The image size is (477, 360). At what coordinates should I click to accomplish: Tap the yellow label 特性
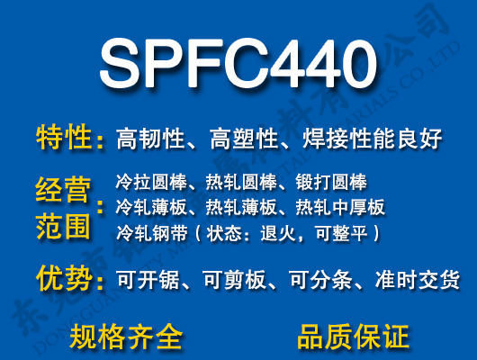(65, 139)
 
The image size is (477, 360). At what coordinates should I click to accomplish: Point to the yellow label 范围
(65, 224)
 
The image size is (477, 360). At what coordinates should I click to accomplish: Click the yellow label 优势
(65, 278)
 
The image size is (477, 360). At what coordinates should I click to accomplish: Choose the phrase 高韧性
(144, 139)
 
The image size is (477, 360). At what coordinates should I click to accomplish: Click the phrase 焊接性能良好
(364, 139)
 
